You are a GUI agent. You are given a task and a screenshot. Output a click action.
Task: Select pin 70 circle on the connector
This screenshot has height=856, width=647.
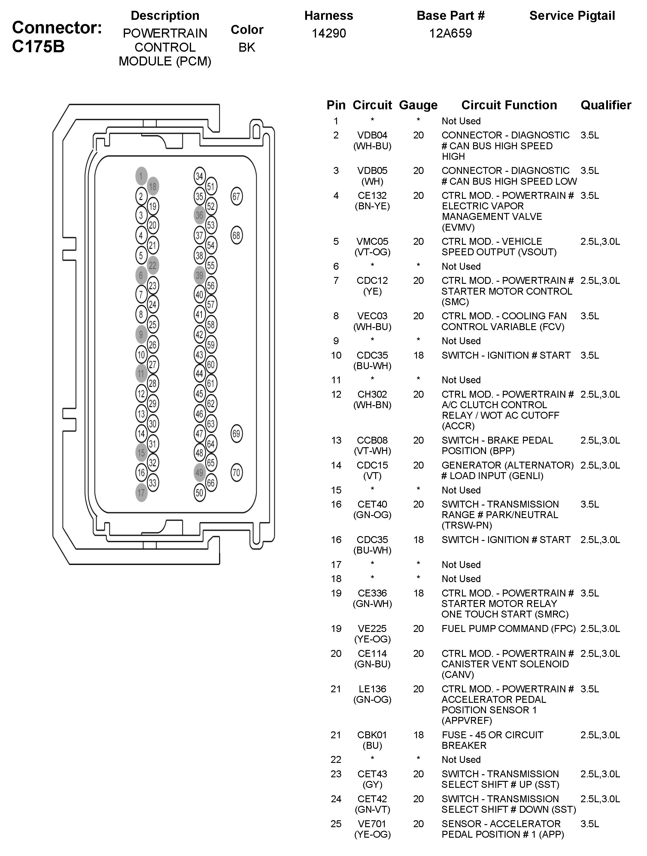click(x=236, y=472)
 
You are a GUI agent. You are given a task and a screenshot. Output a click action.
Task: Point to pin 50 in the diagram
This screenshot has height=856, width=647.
click(x=199, y=493)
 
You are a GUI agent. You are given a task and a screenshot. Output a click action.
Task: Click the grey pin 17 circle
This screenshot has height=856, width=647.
click(x=141, y=493)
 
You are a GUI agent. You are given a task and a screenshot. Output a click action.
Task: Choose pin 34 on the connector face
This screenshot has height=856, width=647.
click(x=199, y=177)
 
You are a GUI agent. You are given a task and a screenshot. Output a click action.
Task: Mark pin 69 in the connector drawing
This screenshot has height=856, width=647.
click(x=236, y=433)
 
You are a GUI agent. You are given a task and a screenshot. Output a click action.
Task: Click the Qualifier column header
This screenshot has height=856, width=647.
click(x=606, y=105)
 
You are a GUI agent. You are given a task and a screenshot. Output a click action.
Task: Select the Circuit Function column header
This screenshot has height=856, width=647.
click(x=509, y=105)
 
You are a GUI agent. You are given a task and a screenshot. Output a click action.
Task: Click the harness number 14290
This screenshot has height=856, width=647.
click(x=329, y=33)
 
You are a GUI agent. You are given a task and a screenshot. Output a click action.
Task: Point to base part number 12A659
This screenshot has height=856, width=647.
click(x=451, y=33)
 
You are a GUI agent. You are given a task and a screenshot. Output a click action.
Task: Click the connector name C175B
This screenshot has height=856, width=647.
click(x=38, y=47)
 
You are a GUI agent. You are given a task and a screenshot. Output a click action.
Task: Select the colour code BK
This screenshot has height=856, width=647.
click(x=247, y=47)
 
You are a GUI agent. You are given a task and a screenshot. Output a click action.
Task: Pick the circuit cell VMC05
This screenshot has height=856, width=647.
click(x=372, y=241)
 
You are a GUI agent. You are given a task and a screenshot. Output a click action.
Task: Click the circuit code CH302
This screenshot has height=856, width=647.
click(x=372, y=394)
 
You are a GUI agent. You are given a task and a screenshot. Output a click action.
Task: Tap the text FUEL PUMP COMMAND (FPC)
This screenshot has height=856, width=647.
click(x=509, y=628)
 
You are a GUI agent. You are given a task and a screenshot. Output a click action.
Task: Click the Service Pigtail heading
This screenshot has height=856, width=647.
click(x=572, y=16)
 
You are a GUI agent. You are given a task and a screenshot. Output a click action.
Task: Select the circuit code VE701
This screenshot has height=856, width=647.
click(x=372, y=824)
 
